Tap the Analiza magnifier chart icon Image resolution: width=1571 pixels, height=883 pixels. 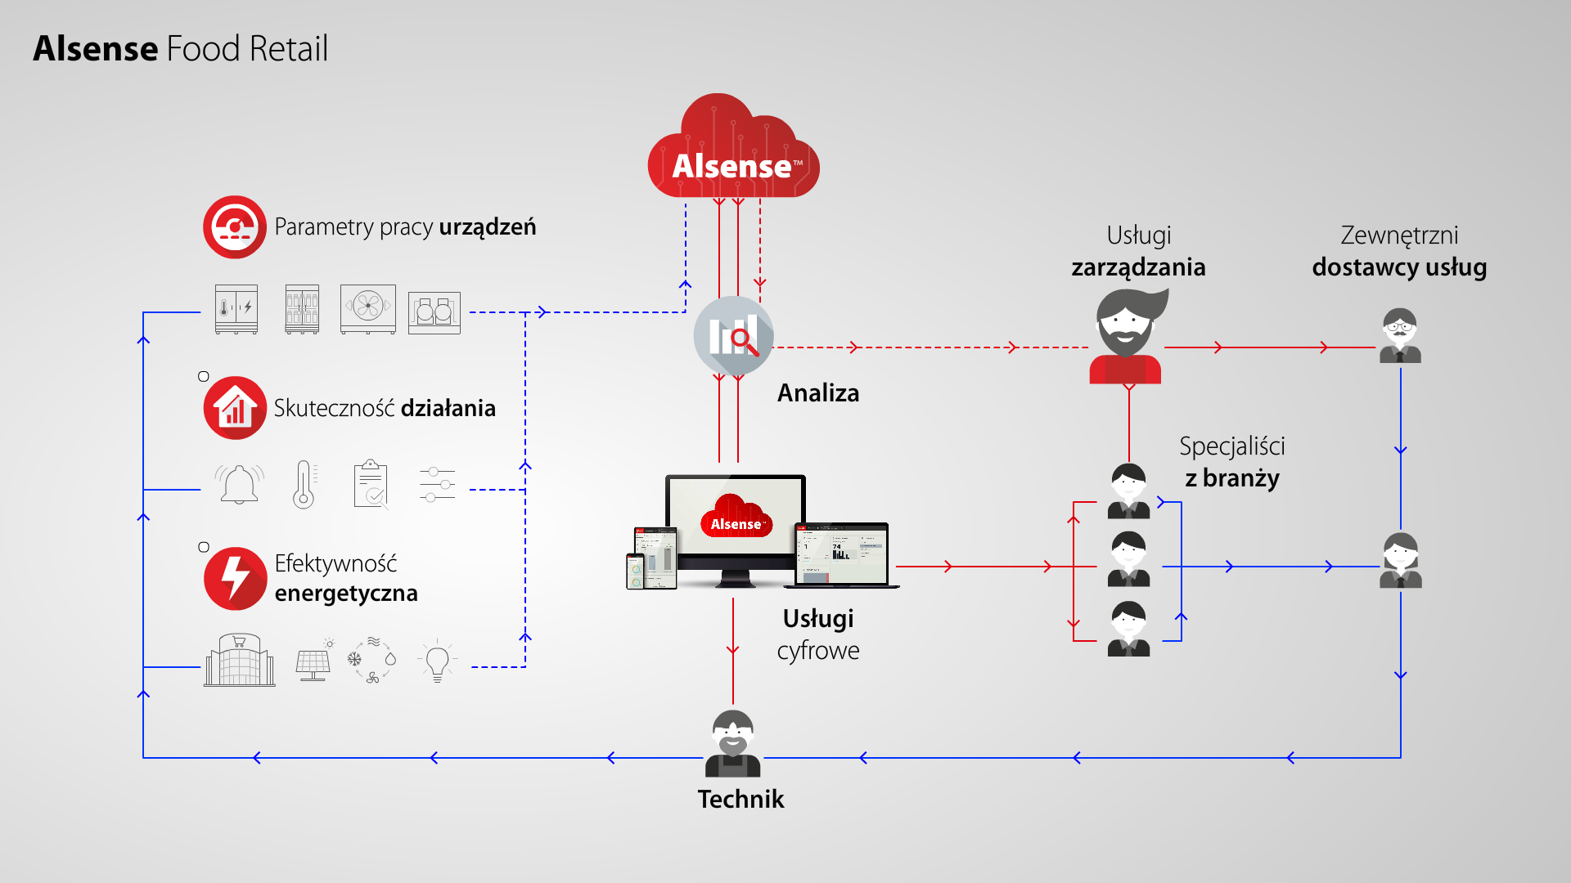pos(734,335)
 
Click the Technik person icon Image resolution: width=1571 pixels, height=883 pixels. pos(732,743)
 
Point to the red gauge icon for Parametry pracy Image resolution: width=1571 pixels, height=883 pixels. pos(235,226)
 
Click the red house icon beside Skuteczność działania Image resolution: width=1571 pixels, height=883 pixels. pos(235,408)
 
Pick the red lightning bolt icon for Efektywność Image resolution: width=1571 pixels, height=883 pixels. pos(235,579)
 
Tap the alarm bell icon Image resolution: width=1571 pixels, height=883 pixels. pos(239,485)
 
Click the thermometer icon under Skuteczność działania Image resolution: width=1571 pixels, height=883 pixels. pos(304,485)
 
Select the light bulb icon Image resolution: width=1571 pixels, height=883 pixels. pos(438,661)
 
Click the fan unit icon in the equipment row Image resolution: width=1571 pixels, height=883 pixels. pos(368,308)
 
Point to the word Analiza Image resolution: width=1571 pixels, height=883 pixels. pos(818,393)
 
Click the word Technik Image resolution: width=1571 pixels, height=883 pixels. pos(740,799)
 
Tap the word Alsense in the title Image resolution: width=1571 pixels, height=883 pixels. pos(96,49)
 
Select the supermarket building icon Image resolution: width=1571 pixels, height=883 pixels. pos(239,661)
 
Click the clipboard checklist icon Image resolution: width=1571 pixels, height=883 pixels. pos(371,485)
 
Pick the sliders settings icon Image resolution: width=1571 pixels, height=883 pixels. pos(437,485)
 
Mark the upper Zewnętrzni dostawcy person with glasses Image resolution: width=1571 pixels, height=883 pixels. pos(1400,336)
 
